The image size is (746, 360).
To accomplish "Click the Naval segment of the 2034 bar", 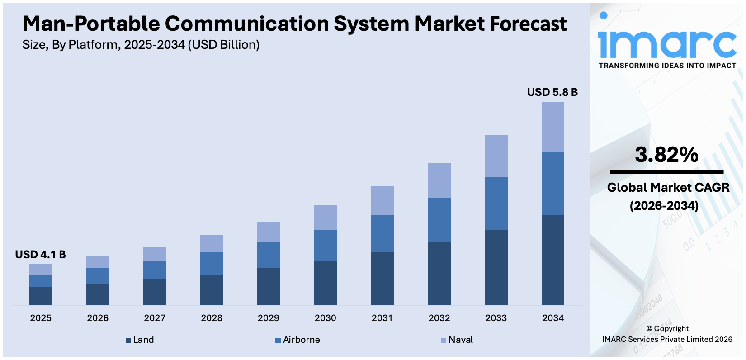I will tap(552, 127).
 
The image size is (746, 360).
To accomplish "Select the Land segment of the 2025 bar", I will tap(41, 296).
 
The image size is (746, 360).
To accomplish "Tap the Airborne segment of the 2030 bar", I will tap(325, 245).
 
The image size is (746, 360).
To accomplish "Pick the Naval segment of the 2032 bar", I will tap(439, 180).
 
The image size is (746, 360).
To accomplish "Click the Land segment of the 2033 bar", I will tap(496, 267).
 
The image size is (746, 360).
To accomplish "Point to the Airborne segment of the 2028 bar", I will tap(212, 263).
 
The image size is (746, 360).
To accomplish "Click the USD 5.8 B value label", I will tap(552, 92).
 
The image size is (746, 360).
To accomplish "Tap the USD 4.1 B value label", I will tap(40, 255).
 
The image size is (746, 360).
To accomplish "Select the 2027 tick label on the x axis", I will tap(155, 318).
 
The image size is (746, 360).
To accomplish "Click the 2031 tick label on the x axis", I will tap(382, 318).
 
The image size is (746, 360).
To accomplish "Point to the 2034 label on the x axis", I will tap(552, 318).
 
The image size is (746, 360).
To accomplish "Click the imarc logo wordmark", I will tap(667, 43).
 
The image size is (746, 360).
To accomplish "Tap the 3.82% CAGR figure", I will tap(666, 155).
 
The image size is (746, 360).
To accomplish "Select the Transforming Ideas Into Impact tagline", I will tap(667, 66).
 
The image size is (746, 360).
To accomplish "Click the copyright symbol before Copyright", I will tap(649, 329).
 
